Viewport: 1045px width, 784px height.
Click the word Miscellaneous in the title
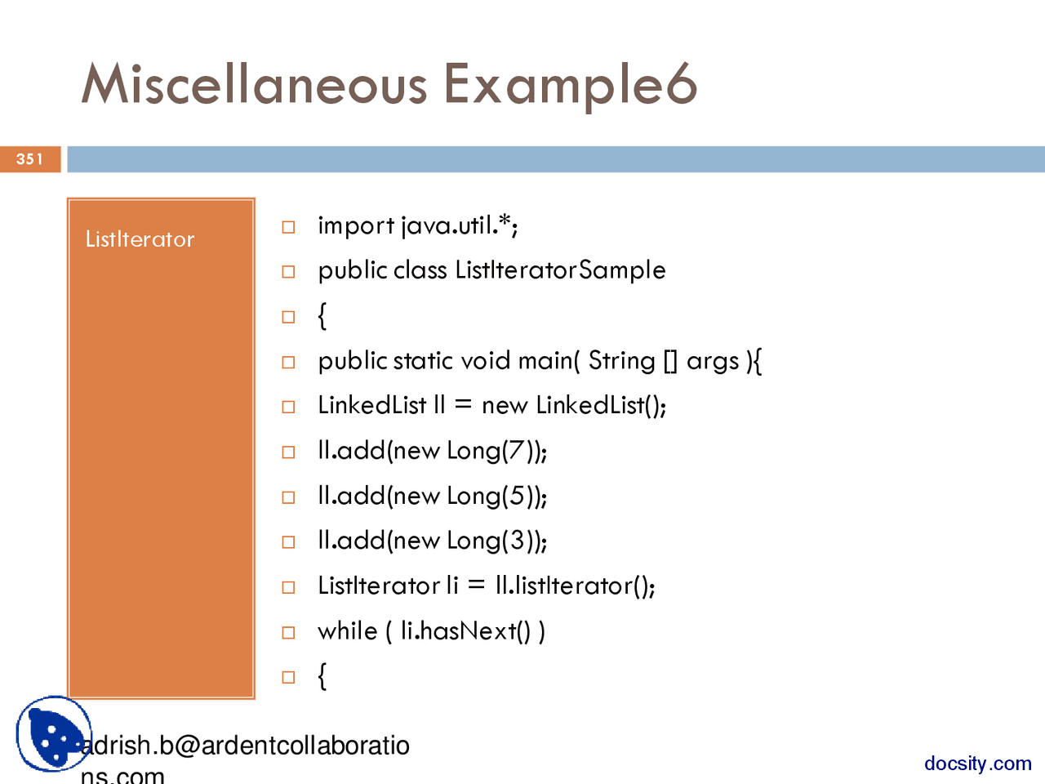(x=254, y=84)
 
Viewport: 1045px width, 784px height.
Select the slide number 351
(x=29, y=159)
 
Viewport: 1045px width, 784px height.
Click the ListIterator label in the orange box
(x=140, y=239)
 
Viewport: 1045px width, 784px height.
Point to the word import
(x=356, y=225)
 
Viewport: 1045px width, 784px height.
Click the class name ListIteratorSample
(x=560, y=270)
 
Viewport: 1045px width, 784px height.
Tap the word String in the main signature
(x=621, y=360)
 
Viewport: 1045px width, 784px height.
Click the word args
(x=712, y=362)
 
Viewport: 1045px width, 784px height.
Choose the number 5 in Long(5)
(x=517, y=496)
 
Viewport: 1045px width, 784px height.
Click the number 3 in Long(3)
(x=517, y=541)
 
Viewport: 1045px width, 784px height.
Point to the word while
(x=347, y=630)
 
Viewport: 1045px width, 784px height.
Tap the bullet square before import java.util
(x=288, y=227)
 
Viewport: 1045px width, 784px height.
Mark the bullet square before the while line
(x=288, y=632)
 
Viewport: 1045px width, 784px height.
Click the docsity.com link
(x=977, y=764)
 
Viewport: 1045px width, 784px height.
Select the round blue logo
(x=53, y=733)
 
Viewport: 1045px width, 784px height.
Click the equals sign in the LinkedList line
(x=463, y=406)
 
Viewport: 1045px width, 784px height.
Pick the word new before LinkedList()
(x=505, y=406)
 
